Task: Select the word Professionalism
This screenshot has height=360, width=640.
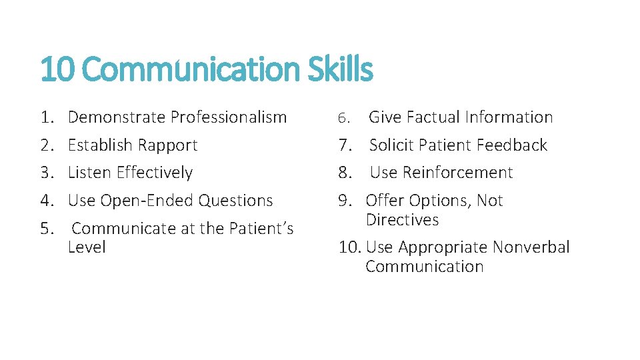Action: coord(229,117)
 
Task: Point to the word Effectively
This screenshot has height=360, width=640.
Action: coord(154,173)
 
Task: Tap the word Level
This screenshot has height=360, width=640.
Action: coord(87,247)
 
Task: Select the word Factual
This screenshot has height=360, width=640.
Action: coord(433,117)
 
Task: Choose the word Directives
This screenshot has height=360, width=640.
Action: coord(402,220)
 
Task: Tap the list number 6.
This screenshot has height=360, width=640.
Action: coord(343,118)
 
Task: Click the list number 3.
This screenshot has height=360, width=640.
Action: coord(46,173)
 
